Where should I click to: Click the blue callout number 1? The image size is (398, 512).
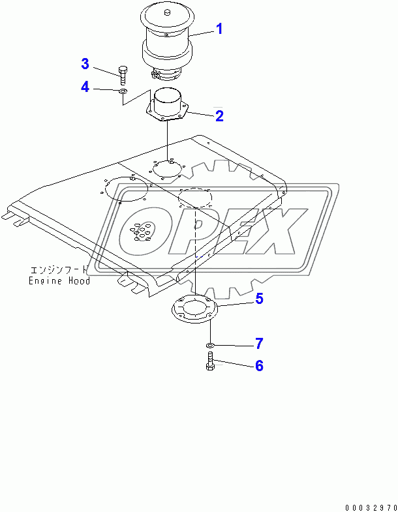(220, 29)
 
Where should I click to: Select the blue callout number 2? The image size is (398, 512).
(220, 116)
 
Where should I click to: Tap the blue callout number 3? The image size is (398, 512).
(85, 63)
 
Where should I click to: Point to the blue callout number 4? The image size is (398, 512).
(85, 86)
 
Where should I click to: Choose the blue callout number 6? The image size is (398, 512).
(259, 366)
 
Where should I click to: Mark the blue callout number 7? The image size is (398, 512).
(259, 342)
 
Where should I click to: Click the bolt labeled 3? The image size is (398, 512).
(123, 75)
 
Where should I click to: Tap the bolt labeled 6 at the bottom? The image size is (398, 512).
(209, 361)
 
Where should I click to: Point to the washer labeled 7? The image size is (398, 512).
(209, 344)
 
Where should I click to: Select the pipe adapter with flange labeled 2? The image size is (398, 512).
(168, 107)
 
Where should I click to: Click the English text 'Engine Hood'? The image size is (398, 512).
(59, 281)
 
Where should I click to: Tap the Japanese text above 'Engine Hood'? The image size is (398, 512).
(59, 270)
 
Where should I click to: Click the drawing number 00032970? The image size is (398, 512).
(367, 506)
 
